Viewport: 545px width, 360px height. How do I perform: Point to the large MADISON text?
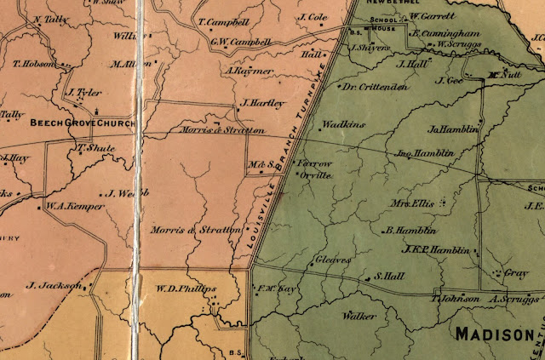[x=497, y=333]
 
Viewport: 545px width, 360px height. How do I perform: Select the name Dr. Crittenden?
[x=375, y=87]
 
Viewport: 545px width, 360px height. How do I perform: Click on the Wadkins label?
[x=346, y=124]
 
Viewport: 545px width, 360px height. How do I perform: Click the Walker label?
[x=359, y=316]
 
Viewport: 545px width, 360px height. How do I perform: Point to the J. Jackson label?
[x=53, y=284]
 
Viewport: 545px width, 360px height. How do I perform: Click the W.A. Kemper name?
[x=70, y=205]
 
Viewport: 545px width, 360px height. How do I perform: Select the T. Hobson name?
[x=34, y=64]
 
